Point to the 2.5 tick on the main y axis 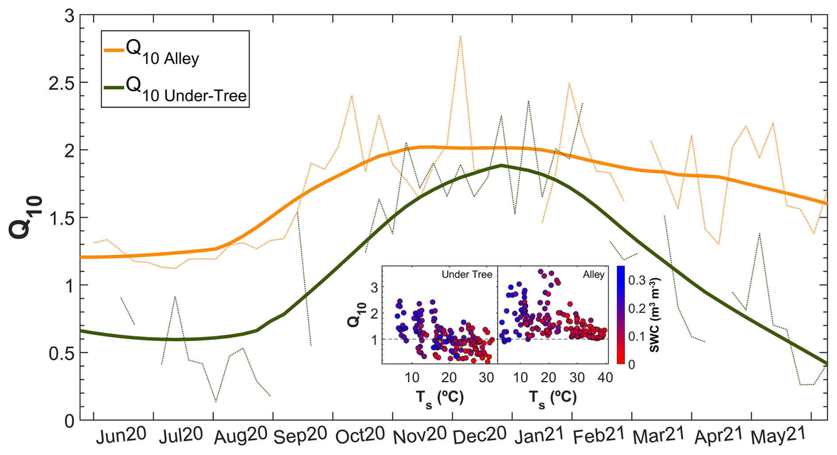pyautogui.click(x=61, y=83)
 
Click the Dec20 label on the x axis pyautogui.click(x=480, y=435)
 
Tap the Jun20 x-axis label pyautogui.click(x=121, y=436)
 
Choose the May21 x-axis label pyautogui.click(x=778, y=436)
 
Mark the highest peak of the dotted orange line pyautogui.click(x=461, y=36)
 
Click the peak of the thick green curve pyautogui.click(x=501, y=165)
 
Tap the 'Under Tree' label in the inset pyautogui.click(x=467, y=274)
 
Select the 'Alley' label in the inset pyautogui.click(x=593, y=274)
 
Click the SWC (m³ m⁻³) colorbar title pyautogui.click(x=655, y=315)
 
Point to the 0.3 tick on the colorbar pyautogui.click(x=637, y=280)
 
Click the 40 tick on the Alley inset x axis pyautogui.click(x=605, y=378)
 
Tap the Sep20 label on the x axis pyautogui.click(x=300, y=436)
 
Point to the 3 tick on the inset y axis pyautogui.click(x=374, y=287)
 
